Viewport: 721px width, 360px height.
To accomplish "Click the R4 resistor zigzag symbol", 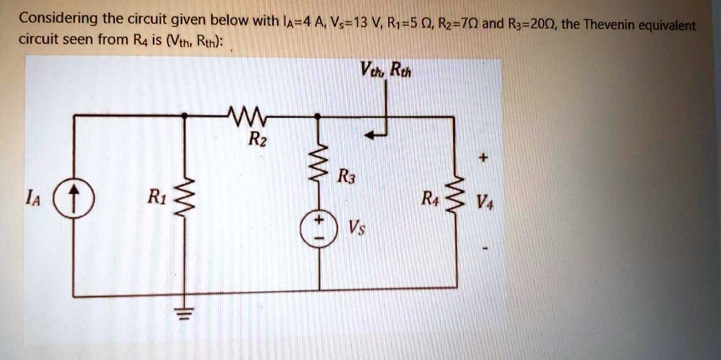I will click(x=454, y=197).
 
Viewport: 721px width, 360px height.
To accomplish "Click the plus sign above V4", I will click(x=482, y=160).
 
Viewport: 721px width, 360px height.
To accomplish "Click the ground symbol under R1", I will click(x=184, y=312).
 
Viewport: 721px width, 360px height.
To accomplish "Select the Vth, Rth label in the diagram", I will click(x=384, y=70).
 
